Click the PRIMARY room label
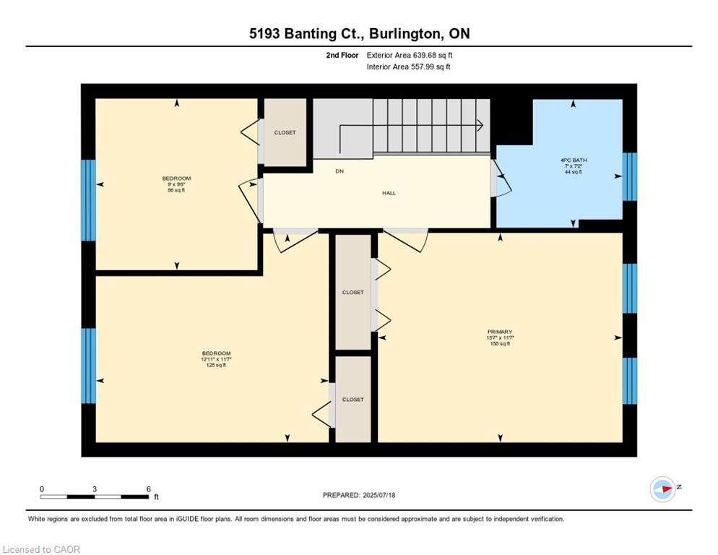pos(499,332)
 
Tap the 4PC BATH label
pos(574,160)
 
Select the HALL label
pos(389,193)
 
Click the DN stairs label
pos(339,171)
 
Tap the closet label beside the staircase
pos(285,133)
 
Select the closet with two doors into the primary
pos(353,292)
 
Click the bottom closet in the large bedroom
pos(353,399)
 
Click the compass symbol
pos(662,489)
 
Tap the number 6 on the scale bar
pos(148,489)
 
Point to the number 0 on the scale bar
pos(42,489)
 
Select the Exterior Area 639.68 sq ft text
pos(410,55)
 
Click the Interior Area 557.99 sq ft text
pos(410,67)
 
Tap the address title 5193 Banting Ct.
pos(318,34)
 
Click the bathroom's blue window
pos(630,176)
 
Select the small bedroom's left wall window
pos(88,200)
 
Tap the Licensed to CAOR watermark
pos(41,549)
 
